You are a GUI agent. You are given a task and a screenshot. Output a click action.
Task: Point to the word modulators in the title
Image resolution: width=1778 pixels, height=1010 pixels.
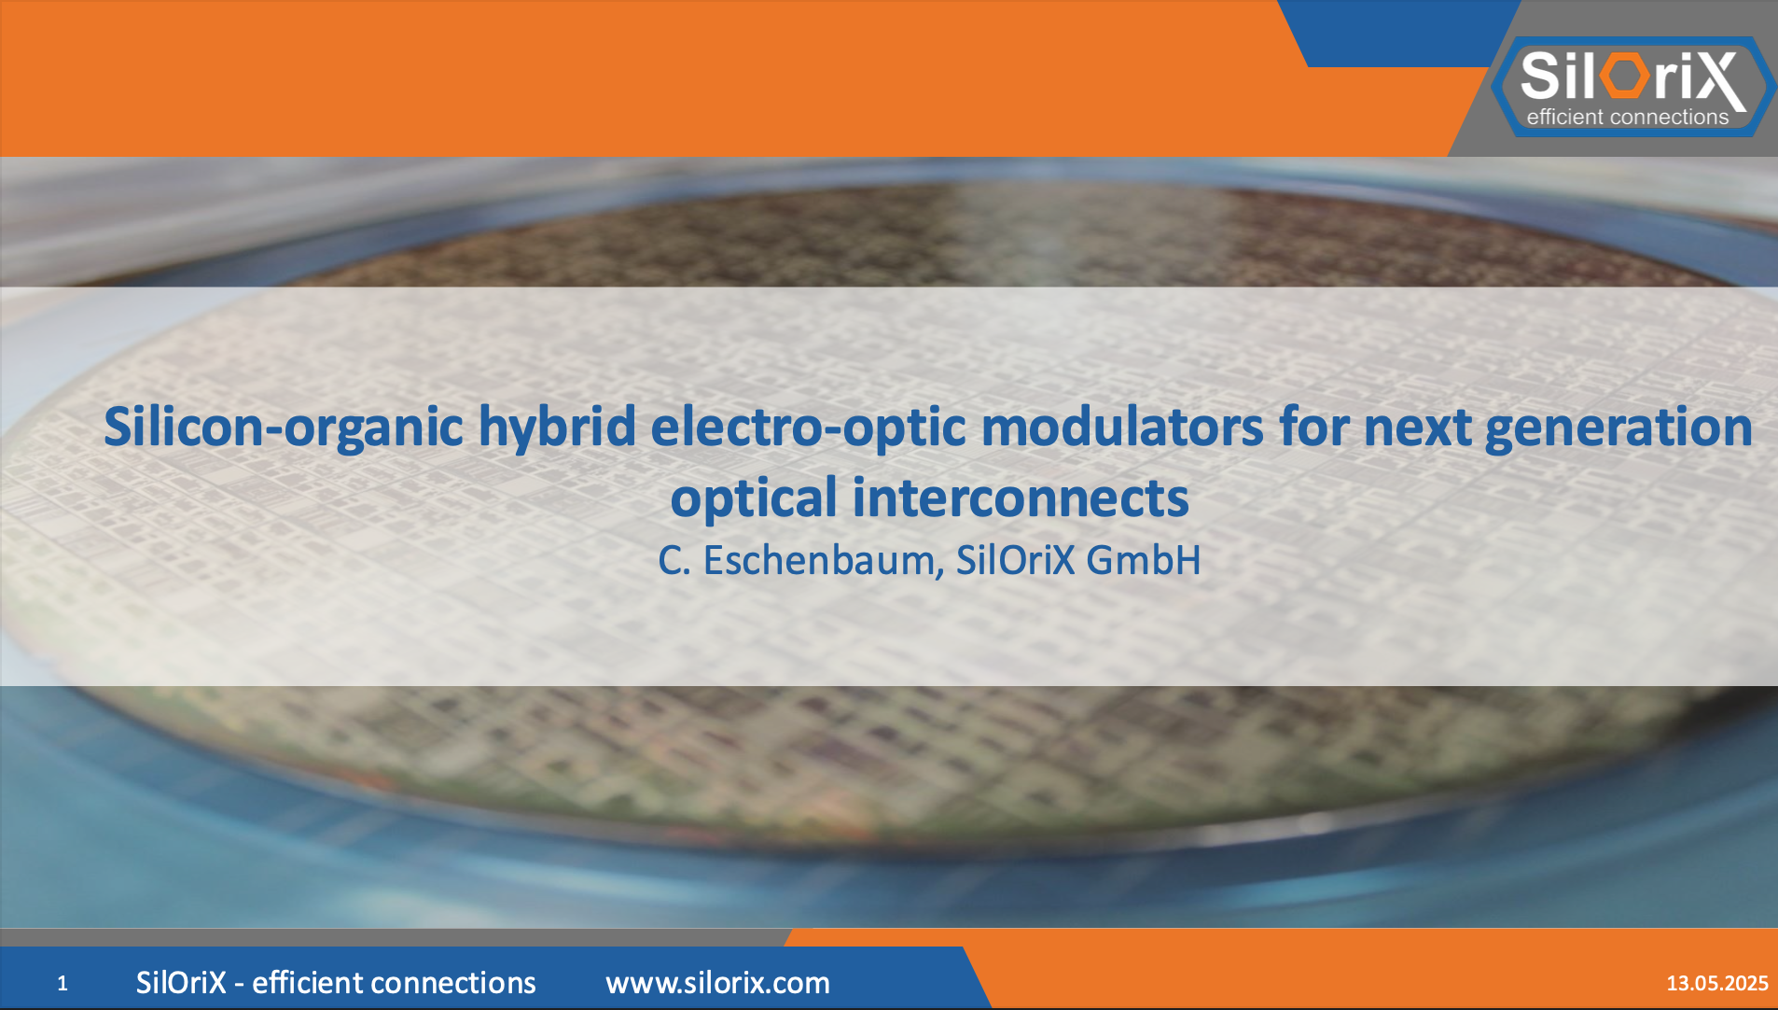1122,428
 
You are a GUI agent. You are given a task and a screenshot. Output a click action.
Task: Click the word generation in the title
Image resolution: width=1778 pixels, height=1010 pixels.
1618,428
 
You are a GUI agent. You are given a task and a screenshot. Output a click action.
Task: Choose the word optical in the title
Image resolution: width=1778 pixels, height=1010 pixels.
754,498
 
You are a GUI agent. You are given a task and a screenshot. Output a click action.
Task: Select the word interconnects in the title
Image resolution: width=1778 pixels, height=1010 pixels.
1021,498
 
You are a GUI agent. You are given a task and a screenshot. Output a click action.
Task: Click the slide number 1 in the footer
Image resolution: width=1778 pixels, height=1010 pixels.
63,983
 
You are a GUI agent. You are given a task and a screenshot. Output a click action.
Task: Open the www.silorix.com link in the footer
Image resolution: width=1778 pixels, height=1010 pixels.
717,983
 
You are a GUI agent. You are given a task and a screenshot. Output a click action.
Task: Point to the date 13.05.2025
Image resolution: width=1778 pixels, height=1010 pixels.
1717,983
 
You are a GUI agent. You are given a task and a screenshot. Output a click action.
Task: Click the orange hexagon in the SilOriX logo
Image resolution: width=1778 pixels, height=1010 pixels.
1626,76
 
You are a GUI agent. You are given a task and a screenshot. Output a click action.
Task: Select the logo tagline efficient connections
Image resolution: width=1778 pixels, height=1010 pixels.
1628,117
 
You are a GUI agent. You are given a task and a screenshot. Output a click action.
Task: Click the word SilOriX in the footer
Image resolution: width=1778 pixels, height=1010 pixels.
181,983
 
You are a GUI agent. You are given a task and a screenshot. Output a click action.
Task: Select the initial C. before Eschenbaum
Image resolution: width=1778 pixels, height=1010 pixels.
674,560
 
